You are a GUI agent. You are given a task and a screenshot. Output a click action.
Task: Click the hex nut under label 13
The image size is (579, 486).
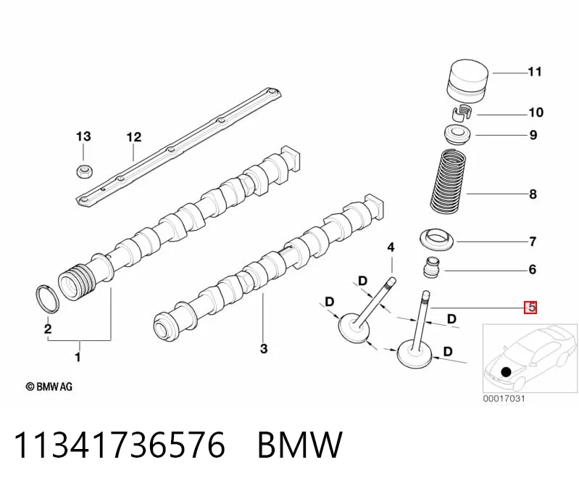tap(85, 171)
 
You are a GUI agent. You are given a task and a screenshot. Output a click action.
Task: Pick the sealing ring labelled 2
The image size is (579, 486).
tap(47, 299)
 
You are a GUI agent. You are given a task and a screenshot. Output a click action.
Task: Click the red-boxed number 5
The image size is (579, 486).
tap(530, 307)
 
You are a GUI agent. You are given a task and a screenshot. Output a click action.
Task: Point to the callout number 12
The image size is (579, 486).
tap(133, 137)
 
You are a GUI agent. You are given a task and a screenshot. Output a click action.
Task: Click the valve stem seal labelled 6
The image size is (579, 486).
tap(431, 268)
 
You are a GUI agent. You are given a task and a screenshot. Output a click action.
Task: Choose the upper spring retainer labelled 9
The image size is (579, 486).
tap(457, 136)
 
